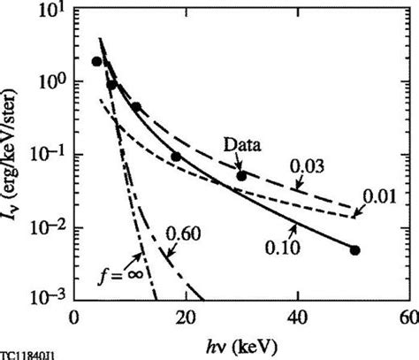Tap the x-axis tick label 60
[408, 316]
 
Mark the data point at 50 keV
[354, 250]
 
